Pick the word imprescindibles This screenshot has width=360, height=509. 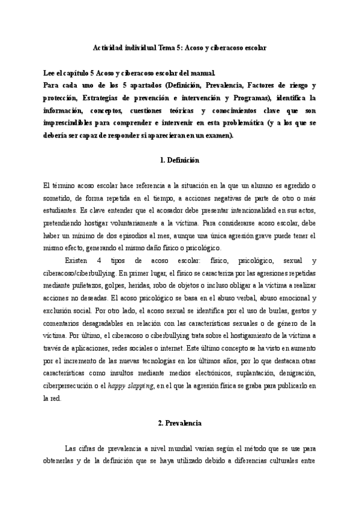(72, 124)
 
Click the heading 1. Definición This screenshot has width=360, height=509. (180, 161)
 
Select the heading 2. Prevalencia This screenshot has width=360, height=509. (180, 423)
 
